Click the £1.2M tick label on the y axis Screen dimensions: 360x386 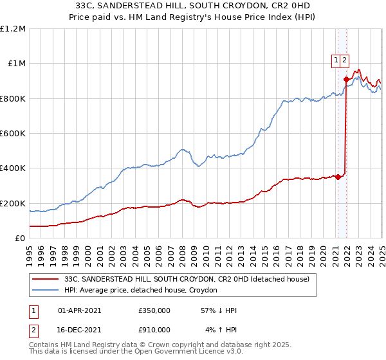click(x=13, y=29)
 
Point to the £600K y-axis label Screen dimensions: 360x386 click(x=13, y=134)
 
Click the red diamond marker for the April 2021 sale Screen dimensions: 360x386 click(x=338, y=177)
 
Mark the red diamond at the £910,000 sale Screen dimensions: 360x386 click(x=346, y=79)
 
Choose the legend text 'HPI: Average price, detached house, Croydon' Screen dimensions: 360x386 click(x=141, y=290)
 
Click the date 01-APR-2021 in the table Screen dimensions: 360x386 click(x=79, y=310)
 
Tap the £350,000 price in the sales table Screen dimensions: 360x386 click(x=154, y=310)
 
